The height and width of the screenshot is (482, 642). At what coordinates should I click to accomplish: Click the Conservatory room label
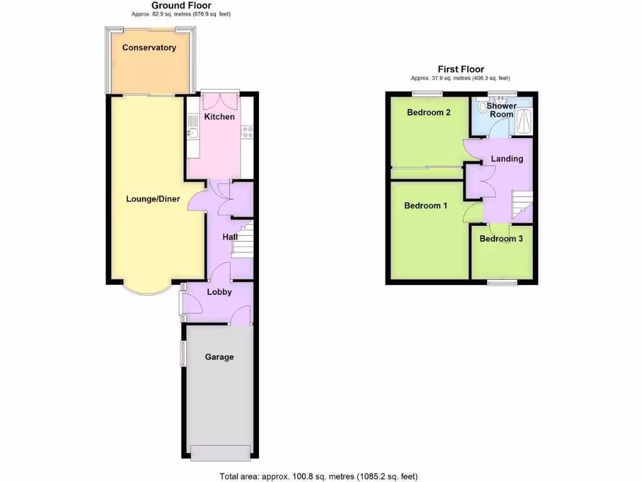click(x=149, y=48)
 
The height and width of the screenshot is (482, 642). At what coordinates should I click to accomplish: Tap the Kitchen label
click(x=219, y=117)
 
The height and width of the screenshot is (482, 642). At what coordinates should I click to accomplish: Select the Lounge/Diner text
click(x=153, y=200)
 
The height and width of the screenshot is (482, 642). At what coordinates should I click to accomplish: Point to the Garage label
click(x=219, y=357)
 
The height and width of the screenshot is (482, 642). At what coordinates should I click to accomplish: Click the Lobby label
click(x=219, y=292)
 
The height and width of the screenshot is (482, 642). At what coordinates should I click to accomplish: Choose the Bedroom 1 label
click(x=426, y=206)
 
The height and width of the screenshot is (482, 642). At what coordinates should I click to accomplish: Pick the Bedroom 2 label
click(x=429, y=113)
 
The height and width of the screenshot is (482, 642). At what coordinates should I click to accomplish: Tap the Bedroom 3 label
click(x=502, y=239)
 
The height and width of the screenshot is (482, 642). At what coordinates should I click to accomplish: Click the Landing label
click(x=507, y=159)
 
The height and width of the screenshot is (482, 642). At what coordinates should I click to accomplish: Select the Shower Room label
click(x=502, y=110)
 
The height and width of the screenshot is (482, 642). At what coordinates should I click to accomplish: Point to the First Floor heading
click(x=461, y=70)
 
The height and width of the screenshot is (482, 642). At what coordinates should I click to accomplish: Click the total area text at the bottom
click(x=318, y=476)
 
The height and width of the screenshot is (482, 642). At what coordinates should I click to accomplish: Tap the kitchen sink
click(x=192, y=132)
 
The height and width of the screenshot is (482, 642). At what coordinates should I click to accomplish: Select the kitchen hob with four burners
click(x=247, y=132)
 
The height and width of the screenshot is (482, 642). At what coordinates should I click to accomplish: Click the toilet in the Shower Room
click(x=481, y=107)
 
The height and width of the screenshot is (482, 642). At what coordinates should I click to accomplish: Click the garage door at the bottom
click(x=221, y=452)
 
